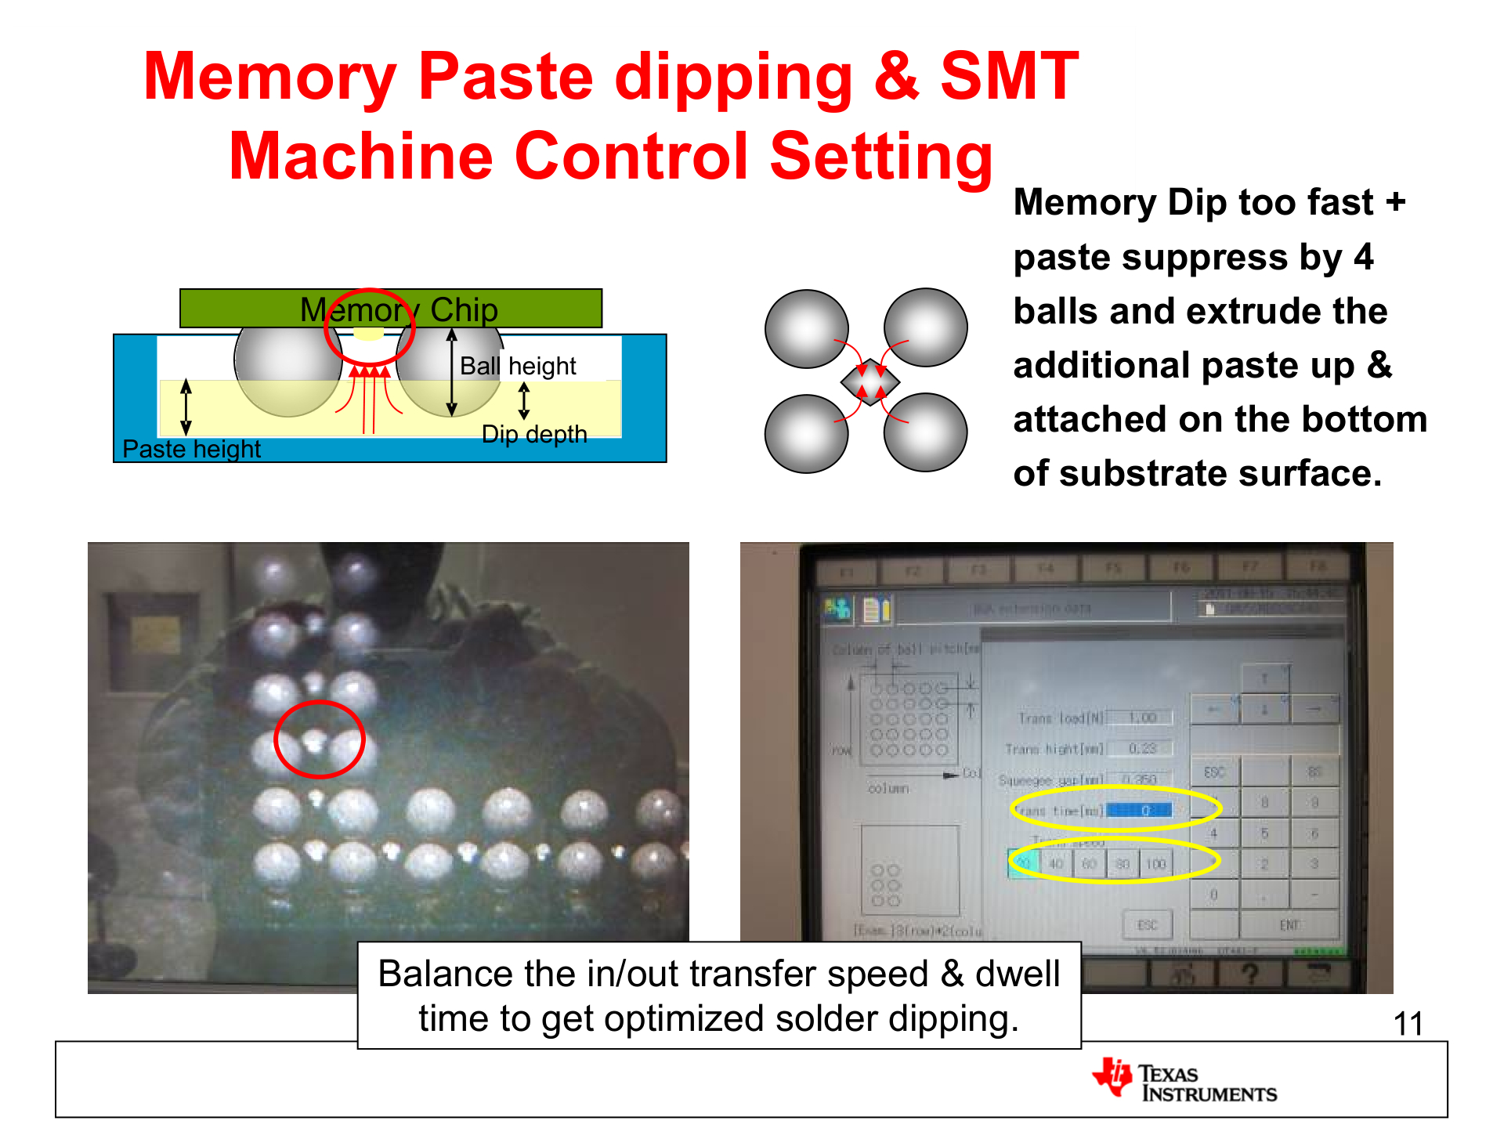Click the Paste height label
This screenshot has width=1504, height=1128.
(191, 449)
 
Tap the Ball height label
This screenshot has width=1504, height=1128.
(518, 366)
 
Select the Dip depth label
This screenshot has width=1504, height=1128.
(534, 434)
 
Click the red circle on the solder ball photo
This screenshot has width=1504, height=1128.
(319, 739)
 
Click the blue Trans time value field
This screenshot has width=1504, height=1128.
(1140, 811)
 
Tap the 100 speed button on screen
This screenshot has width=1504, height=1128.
(1156, 864)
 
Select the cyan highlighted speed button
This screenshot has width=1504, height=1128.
(1023, 864)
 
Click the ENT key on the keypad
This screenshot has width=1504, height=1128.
(1289, 925)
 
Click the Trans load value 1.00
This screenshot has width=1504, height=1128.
(1142, 718)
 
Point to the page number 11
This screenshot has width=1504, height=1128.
(1408, 1024)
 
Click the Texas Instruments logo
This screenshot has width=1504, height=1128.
(1184, 1081)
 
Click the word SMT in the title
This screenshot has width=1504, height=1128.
(1009, 76)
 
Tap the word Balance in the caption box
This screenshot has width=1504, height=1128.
(445, 974)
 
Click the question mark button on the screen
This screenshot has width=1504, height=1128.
(1249, 974)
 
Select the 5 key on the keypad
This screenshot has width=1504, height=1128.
(1264, 833)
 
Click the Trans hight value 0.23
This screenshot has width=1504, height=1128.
(1142, 749)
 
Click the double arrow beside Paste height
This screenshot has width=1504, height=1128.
(186, 407)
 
